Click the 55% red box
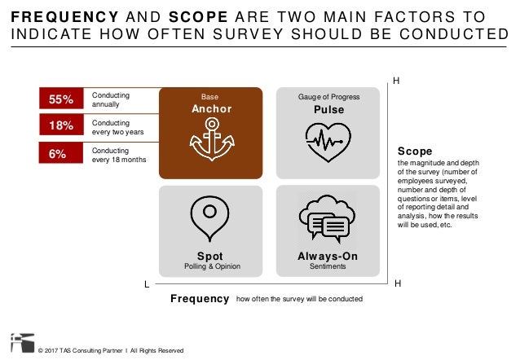61,99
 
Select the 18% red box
61,126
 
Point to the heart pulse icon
328,141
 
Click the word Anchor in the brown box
211,109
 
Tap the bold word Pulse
328,109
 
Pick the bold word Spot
210,257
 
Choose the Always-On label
328,257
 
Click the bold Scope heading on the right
414,151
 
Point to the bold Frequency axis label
200,299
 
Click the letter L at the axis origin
147,284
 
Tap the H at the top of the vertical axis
397,81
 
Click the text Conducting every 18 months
118,155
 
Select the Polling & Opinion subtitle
210,267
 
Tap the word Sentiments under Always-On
328,267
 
